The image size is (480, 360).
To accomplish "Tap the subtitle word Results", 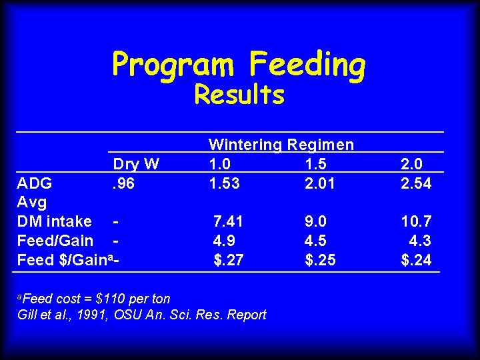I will (239, 95).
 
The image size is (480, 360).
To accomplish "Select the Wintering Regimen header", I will (281, 145).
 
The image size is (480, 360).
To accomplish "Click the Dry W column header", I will (136, 164).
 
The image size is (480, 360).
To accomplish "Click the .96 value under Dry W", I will (123, 183).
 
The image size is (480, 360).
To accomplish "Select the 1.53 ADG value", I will (225, 183).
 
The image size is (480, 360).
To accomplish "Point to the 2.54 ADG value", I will (417, 183).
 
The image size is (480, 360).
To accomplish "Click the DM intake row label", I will (55, 221).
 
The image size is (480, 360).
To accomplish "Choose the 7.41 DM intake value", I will (228, 221).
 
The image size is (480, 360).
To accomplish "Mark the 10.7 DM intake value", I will (417, 221).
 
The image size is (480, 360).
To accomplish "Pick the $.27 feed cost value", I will (228, 259).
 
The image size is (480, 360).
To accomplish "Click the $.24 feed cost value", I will (417, 259).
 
